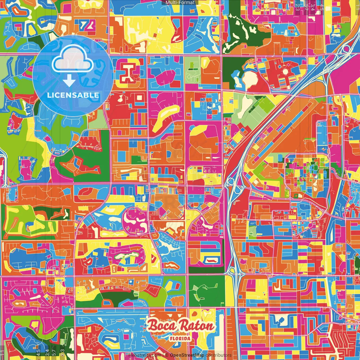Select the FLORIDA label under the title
click(x=180, y=338)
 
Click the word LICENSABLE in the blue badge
click(x=73, y=95)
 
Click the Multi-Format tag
click(x=180, y=3)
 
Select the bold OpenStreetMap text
click(x=187, y=355)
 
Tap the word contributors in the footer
click(x=219, y=355)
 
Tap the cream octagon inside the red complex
click(x=286, y=71)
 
